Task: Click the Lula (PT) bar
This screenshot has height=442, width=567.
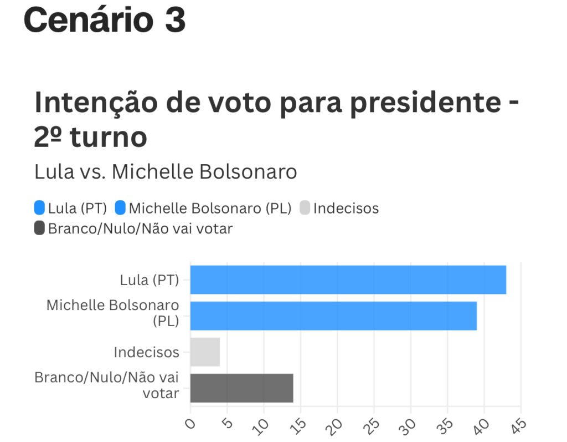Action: tap(348, 280)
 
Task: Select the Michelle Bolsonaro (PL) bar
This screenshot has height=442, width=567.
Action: tap(333, 316)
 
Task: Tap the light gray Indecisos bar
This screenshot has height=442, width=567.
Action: tap(205, 352)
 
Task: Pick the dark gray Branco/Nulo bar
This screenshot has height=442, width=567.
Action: tap(241, 388)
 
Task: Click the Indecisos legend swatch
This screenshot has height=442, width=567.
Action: tap(305, 208)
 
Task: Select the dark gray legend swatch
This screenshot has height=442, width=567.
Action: tap(39, 227)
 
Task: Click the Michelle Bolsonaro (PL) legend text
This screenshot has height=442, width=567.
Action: tap(210, 209)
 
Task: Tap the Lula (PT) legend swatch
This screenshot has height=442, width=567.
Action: tap(39, 208)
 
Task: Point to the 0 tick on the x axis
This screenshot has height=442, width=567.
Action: tap(191, 425)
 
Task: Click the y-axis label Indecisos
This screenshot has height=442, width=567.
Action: tap(146, 352)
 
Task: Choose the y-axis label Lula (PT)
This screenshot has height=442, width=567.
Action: tap(150, 280)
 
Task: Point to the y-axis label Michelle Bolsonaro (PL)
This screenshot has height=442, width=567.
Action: tap(113, 313)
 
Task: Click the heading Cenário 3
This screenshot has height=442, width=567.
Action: tap(104, 21)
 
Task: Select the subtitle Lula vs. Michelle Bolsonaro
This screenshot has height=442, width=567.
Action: tap(166, 172)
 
